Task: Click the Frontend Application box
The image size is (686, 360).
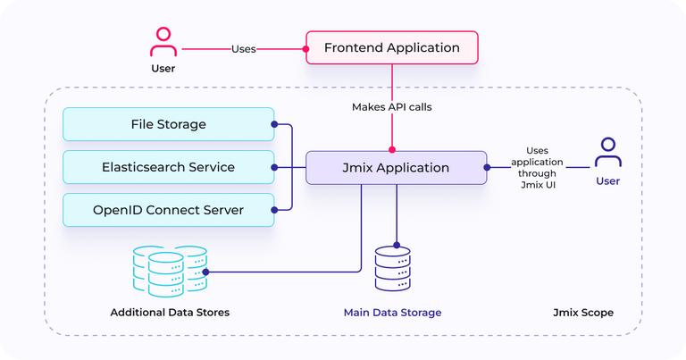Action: pos(392,47)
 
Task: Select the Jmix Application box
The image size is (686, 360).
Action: pos(396,167)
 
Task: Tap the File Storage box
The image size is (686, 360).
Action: pos(168,124)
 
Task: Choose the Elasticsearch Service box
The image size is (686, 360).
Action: pos(168,167)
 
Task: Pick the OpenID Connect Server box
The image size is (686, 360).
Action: pos(168,210)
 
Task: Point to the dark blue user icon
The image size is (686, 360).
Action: pos(608,154)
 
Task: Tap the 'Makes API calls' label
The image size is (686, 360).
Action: pos(391,107)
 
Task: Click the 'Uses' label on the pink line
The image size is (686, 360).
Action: pos(244,48)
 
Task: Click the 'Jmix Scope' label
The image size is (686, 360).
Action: pos(582,313)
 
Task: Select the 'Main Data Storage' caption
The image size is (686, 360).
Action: pos(393,313)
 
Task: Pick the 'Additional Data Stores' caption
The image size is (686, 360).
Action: pos(170,313)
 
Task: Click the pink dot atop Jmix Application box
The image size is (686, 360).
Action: pos(391,151)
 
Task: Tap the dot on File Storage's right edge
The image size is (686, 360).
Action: pos(274,124)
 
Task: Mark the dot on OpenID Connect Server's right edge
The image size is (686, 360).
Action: pos(274,210)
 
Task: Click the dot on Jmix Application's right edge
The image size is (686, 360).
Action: pos(487,167)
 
